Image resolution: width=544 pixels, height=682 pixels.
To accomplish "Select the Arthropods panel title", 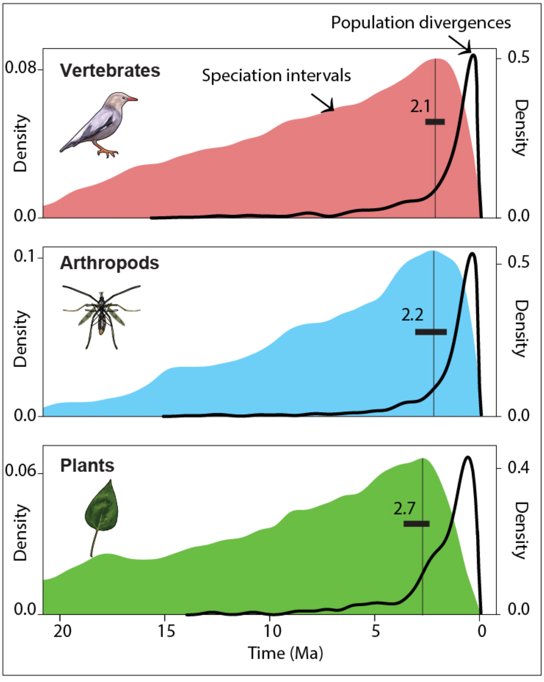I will tap(110, 263).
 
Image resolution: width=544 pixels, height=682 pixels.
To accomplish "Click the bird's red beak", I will tap(132, 99).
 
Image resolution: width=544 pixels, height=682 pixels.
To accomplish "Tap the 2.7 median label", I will tap(404, 508).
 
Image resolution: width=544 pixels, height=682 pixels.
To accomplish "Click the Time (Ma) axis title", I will tap(285, 653).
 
